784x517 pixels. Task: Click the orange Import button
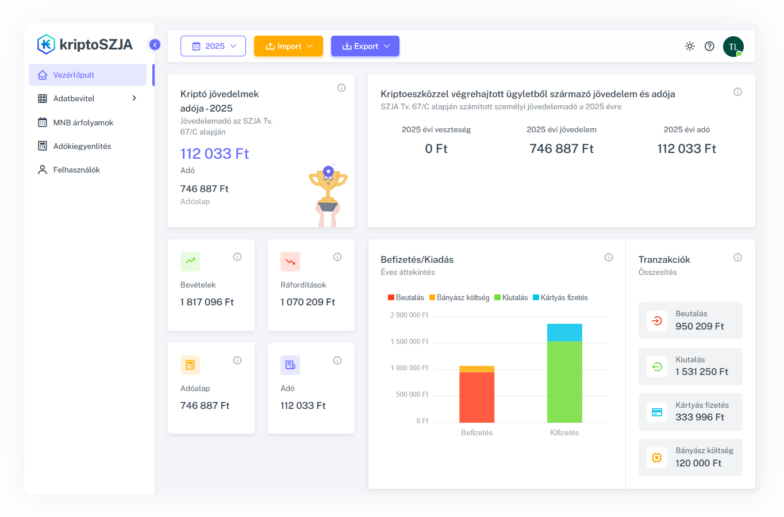coord(289,46)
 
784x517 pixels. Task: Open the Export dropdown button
coord(365,46)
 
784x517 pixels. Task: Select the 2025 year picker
coord(213,46)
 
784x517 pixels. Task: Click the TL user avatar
coord(733,47)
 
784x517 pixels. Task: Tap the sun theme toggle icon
coord(690,46)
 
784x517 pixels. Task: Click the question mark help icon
coord(709,46)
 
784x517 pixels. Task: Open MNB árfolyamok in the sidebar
coord(83,122)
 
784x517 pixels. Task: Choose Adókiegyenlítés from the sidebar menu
coord(82,146)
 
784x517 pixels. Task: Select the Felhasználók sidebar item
coord(76,170)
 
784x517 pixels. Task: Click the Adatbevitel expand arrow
coord(134,98)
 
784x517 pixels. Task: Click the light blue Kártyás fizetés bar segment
coord(564,332)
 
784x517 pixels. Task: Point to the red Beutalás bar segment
coord(476,397)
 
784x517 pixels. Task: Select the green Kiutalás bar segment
coord(564,382)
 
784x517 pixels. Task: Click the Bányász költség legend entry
coord(459,297)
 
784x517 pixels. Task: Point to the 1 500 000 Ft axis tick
coord(409,342)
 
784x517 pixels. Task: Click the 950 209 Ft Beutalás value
coord(700,326)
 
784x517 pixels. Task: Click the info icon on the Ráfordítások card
coord(337,257)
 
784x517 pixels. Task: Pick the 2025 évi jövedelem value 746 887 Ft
coord(562,149)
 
